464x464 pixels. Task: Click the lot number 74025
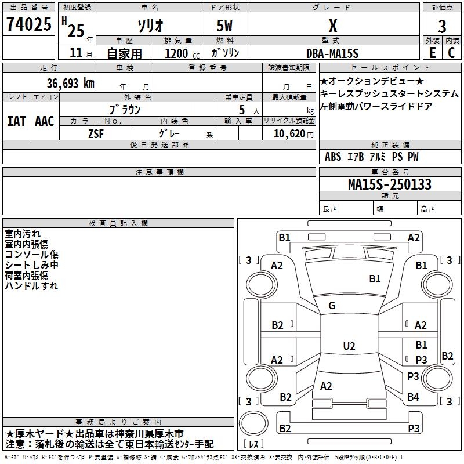[28, 24]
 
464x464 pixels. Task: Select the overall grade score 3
[442, 26]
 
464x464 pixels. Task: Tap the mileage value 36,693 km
[70, 84]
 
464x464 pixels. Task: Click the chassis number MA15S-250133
[390, 184]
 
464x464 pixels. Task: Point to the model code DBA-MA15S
[332, 53]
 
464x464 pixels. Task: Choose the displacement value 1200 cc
[182, 53]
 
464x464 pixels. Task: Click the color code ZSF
[96, 134]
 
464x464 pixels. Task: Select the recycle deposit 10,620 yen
[293, 134]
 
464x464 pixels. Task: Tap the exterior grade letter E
[432, 53]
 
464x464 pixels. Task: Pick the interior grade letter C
[451, 53]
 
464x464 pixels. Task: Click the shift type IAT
[16, 121]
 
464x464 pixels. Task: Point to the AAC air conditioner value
[45, 121]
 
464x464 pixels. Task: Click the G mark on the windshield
[332, 306]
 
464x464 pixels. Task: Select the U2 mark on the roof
[349, 346]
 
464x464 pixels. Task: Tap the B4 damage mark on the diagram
[413, 397]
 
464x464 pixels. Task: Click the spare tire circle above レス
[253, 423]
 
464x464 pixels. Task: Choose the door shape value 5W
[224, 26]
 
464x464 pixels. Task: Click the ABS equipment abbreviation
[333, 157]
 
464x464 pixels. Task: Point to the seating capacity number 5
[242, 110]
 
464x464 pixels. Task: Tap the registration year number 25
[76, 31]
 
